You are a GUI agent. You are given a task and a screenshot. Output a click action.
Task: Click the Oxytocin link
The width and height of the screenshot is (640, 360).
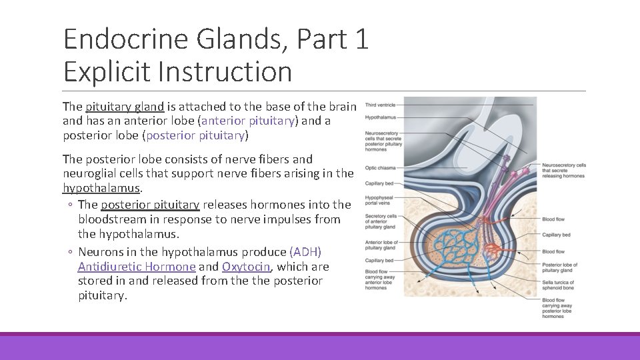pyautogui.click(x=246, y=267)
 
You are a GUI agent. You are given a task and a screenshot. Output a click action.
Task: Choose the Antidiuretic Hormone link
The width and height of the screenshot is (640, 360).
pyautogui.click(x=137, y=267)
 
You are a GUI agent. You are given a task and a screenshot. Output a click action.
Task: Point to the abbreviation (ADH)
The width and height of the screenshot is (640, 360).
pyautogui.click(x=306, y=251)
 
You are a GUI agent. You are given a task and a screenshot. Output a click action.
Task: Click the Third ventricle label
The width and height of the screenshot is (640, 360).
pyautogui.click(x=380, y=105)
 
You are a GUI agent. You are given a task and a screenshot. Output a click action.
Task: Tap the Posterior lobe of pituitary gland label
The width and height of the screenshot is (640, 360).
pyautogui.click(x=559, y=268)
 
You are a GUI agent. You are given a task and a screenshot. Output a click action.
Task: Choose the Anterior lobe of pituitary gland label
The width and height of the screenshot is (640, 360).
pyautogui.click(x=382, y=245)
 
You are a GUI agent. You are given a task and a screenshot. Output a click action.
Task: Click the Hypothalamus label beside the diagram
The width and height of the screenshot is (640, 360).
pyautogui.click(x=380, y=117)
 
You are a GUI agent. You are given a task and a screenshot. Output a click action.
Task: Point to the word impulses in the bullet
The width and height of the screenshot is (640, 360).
pyautogui.click(x=299, y=219)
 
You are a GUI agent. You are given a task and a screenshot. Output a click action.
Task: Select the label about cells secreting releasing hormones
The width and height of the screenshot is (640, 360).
pyautogui.click(x=563, y=170)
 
